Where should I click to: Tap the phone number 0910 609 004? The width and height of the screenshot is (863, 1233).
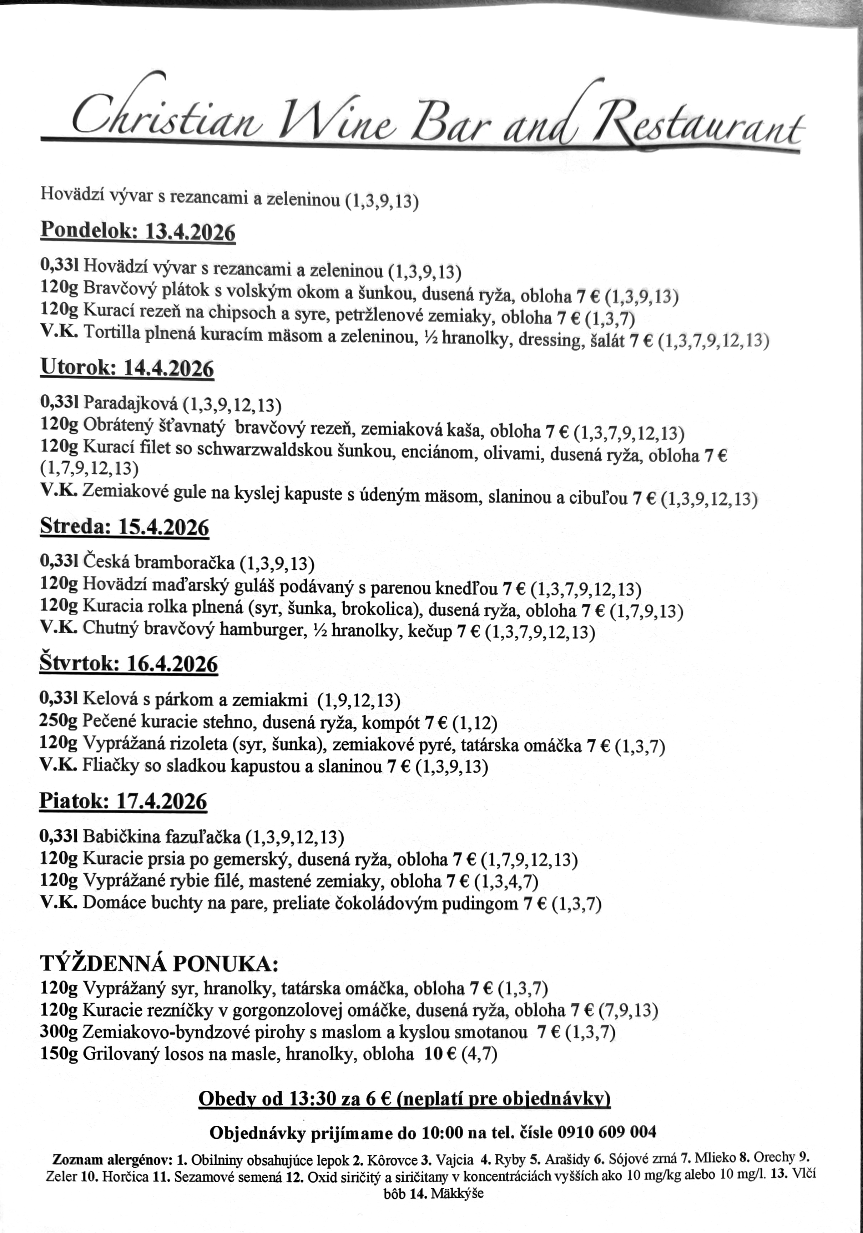(x=607, y=1132)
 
